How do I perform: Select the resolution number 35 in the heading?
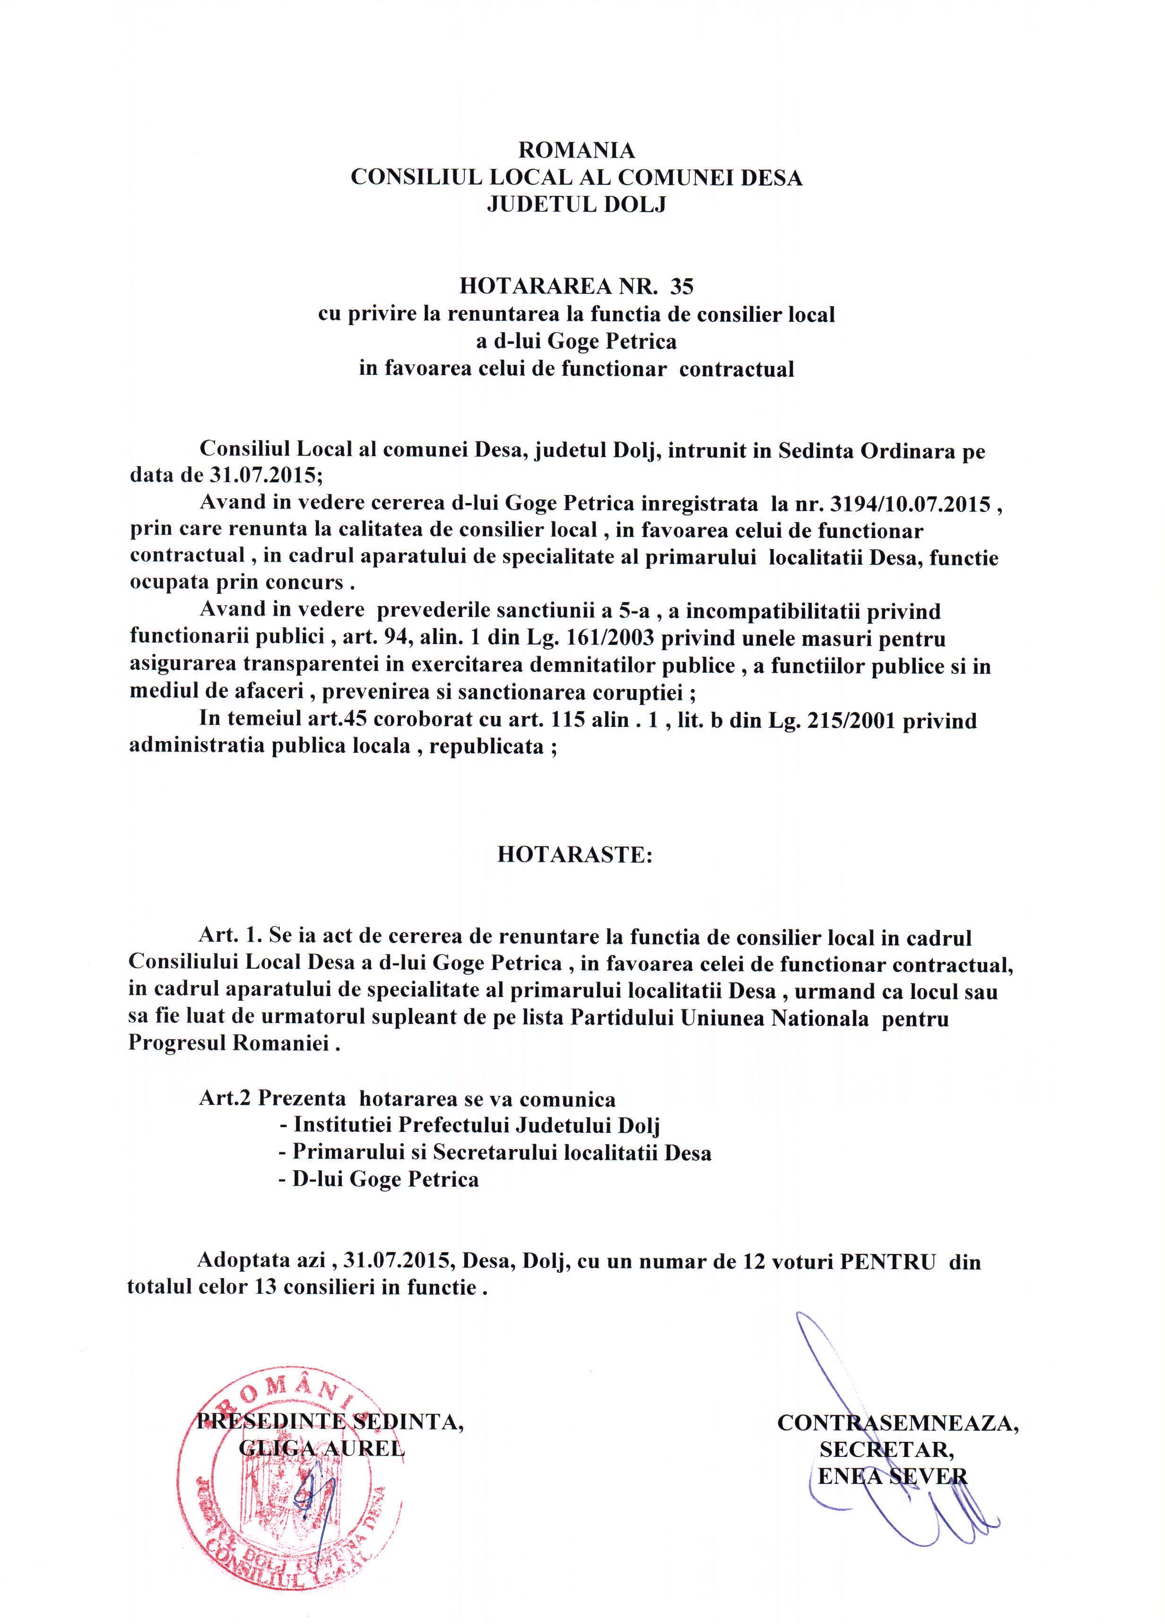681,286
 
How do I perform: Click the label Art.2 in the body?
225,1098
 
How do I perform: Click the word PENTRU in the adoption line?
887,1262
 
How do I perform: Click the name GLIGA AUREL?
322,1448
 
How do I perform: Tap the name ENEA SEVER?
892,1476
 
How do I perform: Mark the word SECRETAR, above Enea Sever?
886,1450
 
